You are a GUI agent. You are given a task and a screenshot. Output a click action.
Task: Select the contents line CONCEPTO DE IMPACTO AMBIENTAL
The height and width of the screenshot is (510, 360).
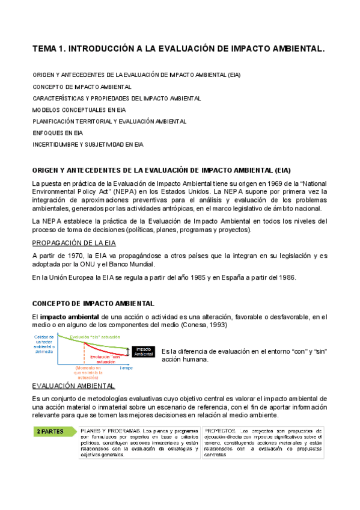[x=82, y=87]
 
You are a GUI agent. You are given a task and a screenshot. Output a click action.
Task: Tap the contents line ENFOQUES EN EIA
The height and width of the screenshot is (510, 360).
[x=58, y=132]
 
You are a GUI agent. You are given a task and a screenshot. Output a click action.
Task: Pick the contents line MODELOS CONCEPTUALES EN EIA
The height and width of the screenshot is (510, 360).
[x=79, y=109]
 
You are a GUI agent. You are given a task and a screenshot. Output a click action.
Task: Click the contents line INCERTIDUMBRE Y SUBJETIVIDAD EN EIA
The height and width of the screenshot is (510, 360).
[x=88, y=144]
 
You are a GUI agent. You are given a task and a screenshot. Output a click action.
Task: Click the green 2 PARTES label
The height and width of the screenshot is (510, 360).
[x=53, y=431]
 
